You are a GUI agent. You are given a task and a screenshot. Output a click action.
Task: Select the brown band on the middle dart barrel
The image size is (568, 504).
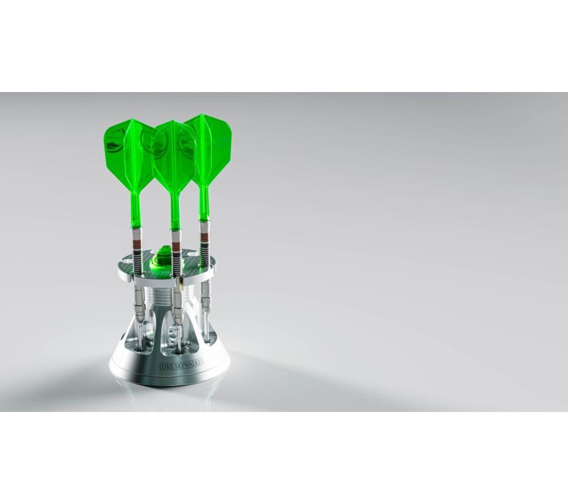click(x=176, y=245)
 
